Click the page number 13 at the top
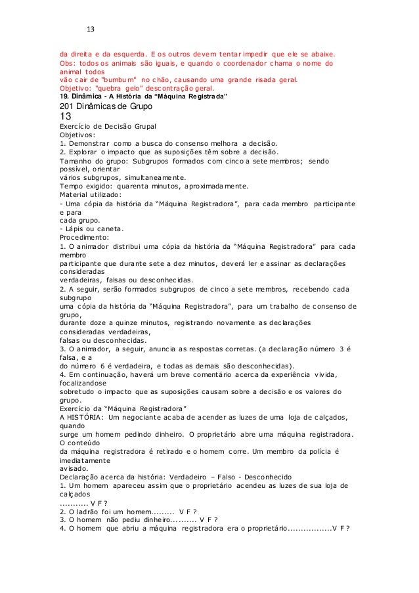pos(91,30)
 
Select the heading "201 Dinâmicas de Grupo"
pos(105,106)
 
